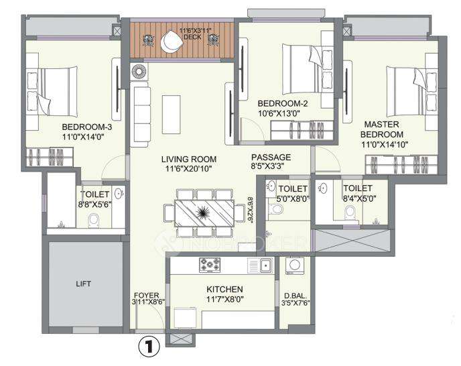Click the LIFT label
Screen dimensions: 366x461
point(84,284)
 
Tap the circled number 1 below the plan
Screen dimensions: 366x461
point(149,347)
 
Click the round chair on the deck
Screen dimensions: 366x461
point(171,42)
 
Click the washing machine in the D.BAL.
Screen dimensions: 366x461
point(293,267)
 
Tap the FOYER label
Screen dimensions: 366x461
point(146,294)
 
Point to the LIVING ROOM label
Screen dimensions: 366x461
point(189,159)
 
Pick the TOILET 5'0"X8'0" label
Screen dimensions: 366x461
point(293,194)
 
